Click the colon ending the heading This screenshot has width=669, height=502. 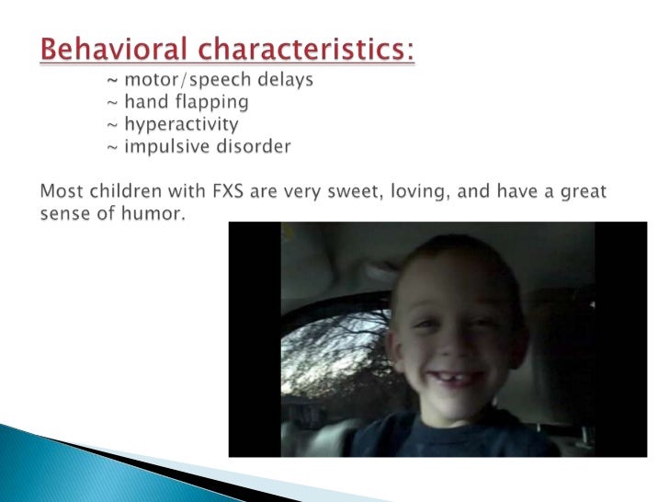click(x=411, y=50)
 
